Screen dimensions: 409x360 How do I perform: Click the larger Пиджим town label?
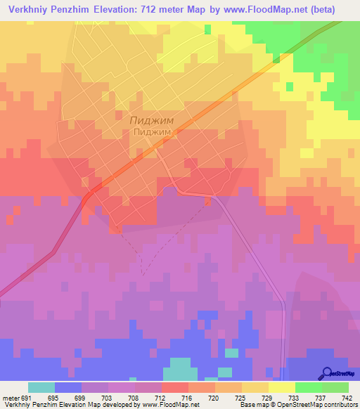point(153,120)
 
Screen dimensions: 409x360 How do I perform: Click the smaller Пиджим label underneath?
point(153,131)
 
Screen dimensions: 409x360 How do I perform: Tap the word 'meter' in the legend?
point(11,398)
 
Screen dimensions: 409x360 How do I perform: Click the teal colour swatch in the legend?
point(41,387)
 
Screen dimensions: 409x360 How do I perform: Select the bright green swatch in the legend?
point(309,387)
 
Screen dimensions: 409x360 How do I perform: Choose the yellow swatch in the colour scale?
point(282,387)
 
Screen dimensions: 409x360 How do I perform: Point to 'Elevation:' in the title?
point(138,9)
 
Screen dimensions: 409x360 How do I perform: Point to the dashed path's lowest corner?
point(143,273)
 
